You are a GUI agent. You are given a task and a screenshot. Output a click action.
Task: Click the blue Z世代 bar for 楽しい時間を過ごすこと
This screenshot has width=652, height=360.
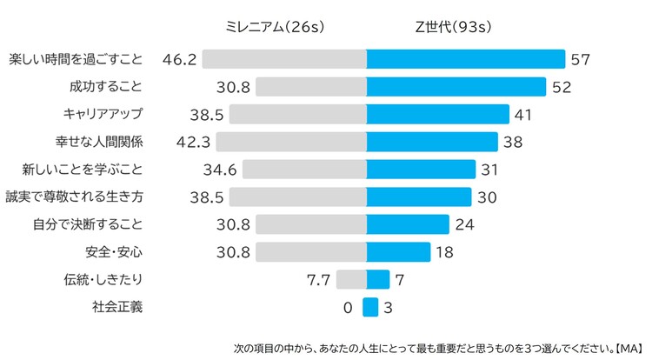point(465,59)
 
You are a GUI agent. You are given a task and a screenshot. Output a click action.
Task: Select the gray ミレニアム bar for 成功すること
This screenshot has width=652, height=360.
point(310,87)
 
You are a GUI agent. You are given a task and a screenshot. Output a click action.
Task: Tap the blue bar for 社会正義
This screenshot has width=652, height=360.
point(370,307)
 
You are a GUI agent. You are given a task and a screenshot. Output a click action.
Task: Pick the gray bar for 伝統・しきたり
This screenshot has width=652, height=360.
point(350,279)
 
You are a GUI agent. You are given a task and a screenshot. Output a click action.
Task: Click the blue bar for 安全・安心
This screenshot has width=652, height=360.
point(398,252)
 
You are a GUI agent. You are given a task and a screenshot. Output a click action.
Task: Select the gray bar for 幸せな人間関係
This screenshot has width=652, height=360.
point(290,142)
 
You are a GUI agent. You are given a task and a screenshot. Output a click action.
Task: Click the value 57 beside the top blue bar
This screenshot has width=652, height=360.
point(580,59)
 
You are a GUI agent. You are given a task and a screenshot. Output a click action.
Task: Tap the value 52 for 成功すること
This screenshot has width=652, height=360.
point(561,87)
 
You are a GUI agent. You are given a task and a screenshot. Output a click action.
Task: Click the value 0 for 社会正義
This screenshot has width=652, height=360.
point(348,307)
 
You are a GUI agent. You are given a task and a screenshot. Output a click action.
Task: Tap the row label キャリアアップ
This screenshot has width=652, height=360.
point(103,114)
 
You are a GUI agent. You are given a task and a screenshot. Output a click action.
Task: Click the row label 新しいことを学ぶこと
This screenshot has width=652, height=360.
point(86,170)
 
